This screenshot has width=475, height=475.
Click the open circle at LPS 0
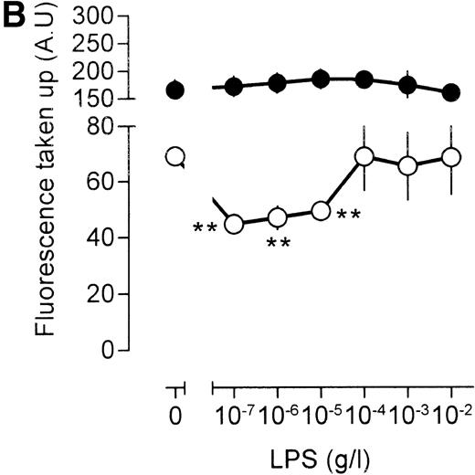tap(175, 157)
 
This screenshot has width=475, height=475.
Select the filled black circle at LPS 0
tap(175, 90)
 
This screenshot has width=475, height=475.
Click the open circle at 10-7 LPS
tap(233, 224)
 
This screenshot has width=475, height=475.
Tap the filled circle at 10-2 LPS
tap(450, 93)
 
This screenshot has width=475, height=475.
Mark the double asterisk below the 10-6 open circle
tap(277, 244)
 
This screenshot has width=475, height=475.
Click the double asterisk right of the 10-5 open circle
tap(348, 216)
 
